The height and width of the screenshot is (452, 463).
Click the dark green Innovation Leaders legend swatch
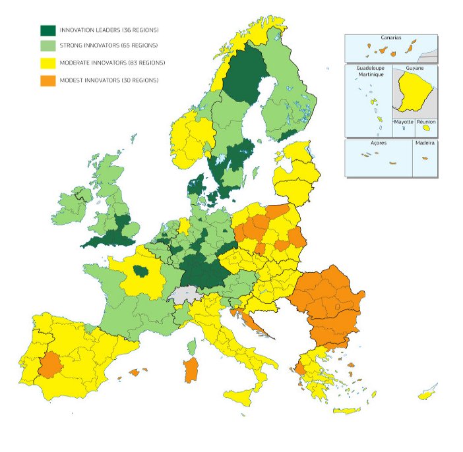pos(47,30)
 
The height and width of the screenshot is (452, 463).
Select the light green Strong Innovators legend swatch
pos(47,46)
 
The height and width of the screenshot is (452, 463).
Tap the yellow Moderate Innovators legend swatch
pos(47,63)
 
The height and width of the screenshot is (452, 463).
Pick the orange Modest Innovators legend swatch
pos(47,80)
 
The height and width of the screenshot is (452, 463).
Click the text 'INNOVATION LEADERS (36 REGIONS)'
pos(109,30)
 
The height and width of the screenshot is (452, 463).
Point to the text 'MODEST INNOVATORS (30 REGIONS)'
pos(109,80)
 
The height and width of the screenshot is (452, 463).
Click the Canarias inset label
pos(390,38)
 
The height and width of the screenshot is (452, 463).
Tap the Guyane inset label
pos(416,68)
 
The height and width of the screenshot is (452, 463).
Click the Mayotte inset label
pos(404,122)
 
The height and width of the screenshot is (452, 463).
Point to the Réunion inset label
pos(426,122)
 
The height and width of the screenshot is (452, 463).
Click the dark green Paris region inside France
pos(140,270)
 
